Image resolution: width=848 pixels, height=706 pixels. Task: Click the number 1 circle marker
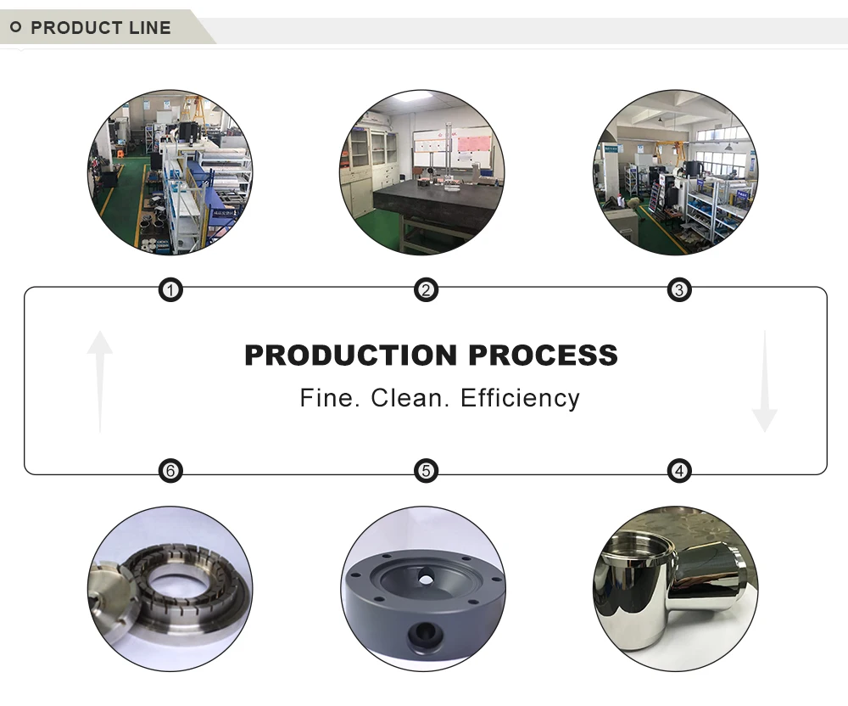pyautogui.click(x=171, y=291)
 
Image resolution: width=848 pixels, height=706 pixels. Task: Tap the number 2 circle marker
pyautogui.click(x=426, y=291)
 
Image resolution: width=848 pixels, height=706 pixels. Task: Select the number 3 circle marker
pyautogui.click(x=678, y=291)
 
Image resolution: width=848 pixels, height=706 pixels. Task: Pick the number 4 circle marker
pyautogui.click(x=678, y=470)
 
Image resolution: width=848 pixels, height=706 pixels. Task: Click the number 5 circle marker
pyautogui.click(x=426, y=470)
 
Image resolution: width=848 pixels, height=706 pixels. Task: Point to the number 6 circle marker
pyautogui.click(x=171, y=470)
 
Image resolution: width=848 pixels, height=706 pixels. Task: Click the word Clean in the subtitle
pyautogui.click(x=399, y=398)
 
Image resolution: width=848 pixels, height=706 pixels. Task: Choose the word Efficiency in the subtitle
pyautogui.click(x=520, y=398)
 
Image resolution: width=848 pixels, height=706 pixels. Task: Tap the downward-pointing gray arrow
pyautogui.click(x=764, y=382)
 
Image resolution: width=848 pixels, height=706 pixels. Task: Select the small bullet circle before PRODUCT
pyautogui.click(x=15, y=28)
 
